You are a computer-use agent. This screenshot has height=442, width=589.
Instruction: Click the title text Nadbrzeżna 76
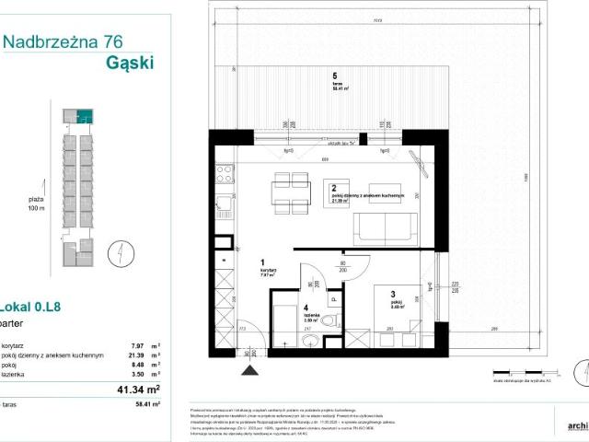point(63,41)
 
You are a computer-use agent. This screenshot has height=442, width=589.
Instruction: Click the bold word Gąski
point(129,63)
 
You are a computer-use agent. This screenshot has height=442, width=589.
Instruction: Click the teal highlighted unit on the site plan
point(85,116)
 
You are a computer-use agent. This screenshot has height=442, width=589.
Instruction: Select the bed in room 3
point(398,318)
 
